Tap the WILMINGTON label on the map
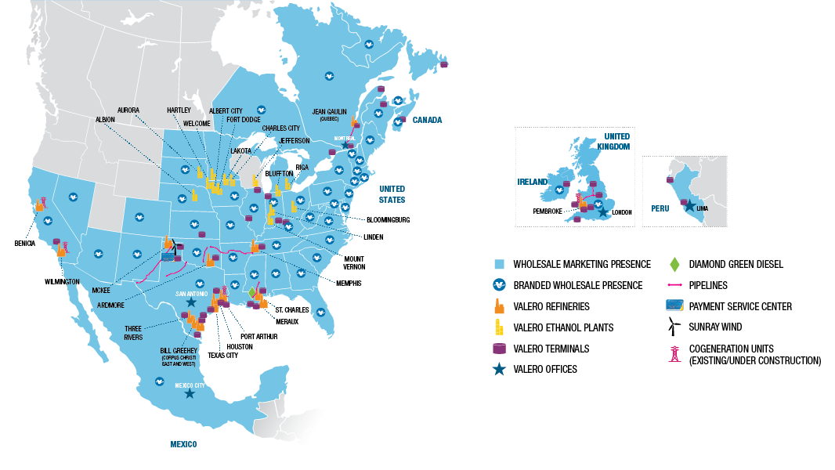62,281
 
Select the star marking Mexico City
190,394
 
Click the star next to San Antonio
191,302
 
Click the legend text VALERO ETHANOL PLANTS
563,327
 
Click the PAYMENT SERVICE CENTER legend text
741,306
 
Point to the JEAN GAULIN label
329,111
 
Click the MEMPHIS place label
349,283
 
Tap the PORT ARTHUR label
258,336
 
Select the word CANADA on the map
428,120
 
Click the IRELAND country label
532,182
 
